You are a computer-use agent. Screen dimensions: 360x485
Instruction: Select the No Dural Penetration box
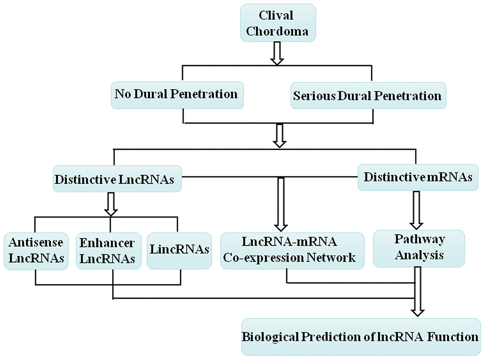tap(176, 94)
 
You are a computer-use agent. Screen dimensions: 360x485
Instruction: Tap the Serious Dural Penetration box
tap(367, 96)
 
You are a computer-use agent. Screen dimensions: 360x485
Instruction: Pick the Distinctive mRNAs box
tap(418, 178)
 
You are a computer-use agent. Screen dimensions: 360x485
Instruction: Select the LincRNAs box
tap(180, 250)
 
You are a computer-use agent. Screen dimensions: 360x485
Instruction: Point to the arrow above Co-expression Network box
tap(280, 203)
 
